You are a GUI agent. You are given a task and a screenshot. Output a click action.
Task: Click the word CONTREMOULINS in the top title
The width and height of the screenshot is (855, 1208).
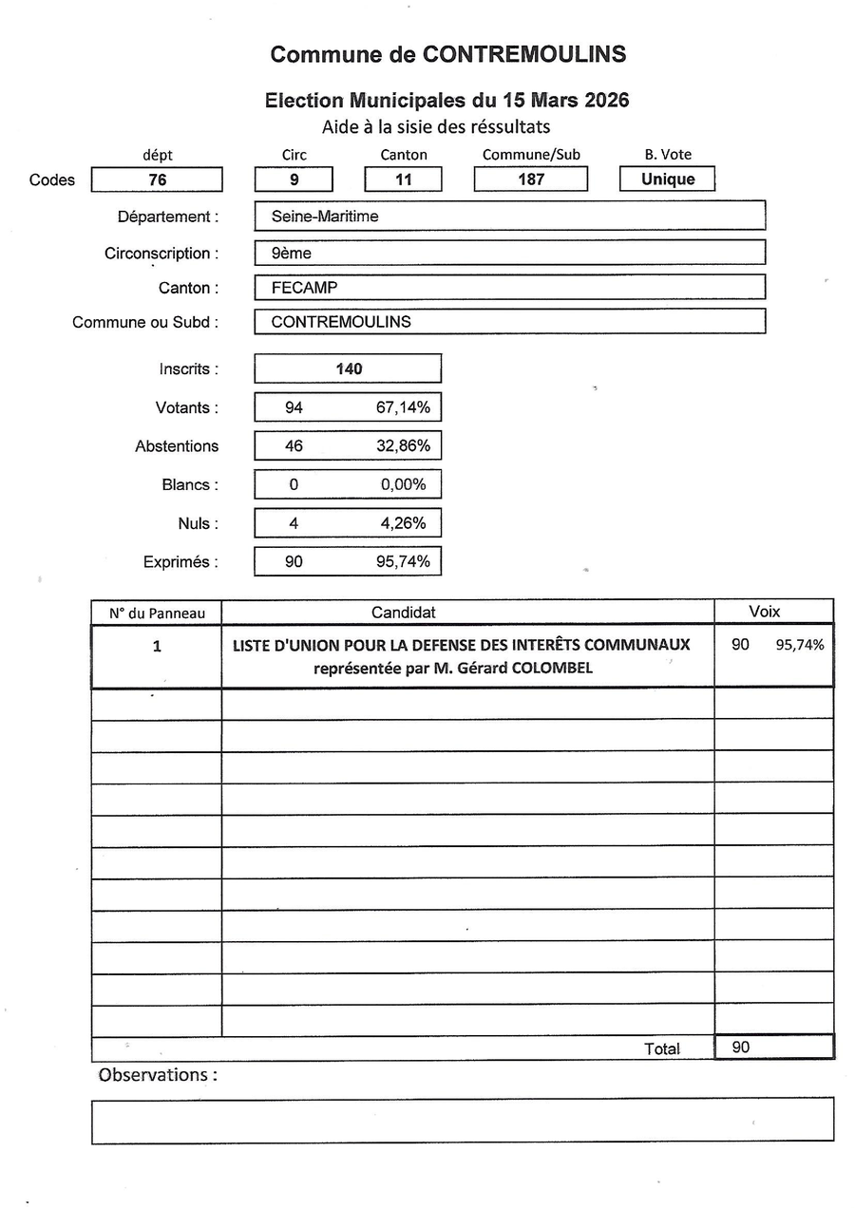(524, 54)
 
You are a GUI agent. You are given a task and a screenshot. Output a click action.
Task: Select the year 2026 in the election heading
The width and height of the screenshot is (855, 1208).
(599, 101)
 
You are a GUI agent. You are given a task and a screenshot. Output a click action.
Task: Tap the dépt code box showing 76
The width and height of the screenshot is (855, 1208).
(157, 179)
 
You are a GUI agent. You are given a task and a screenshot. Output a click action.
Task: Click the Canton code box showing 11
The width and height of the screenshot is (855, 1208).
(403, 179)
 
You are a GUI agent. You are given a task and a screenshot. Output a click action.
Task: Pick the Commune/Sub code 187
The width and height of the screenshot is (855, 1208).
(531, 179)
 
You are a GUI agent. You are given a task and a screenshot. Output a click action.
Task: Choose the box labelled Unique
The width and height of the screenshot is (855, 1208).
(667, 179)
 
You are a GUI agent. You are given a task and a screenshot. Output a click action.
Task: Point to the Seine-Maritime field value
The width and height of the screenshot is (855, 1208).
(325, 217)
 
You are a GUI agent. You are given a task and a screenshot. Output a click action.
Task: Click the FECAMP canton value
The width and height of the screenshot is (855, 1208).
(304, 288)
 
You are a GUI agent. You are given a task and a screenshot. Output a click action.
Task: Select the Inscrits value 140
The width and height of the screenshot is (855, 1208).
(349, 368)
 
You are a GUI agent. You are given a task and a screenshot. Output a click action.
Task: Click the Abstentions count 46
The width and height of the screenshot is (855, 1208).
(294, 445)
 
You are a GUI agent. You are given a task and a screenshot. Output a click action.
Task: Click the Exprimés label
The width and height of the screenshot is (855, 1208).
(180, 562)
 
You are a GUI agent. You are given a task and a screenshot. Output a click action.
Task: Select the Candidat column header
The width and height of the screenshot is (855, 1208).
(404, 613)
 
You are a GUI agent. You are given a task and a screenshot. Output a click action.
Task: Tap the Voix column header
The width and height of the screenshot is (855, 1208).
(765, 612)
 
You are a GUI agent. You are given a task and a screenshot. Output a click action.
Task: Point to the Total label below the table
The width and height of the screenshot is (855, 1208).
(662, 1049)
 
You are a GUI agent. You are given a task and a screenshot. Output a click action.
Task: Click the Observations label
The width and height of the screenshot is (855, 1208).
(158, 1075)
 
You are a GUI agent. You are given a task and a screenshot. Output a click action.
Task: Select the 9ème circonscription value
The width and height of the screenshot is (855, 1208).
(292, 254)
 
